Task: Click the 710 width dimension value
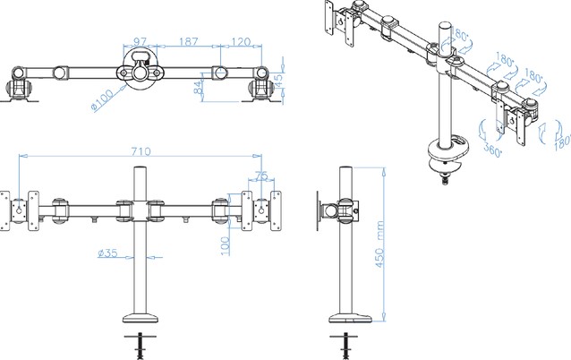point(141,151)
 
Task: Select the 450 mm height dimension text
point(379,244)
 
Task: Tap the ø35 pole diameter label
point(107,253)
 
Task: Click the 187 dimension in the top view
point(188,41)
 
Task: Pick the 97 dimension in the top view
point(140,41)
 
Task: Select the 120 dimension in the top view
point(241,41)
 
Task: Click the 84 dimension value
point(198,88)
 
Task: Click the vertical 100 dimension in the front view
point(226,246)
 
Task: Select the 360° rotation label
point(493,150)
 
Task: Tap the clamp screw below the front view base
point(141,346)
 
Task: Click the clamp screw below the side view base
point(345,346)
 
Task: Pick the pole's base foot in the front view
point(141,318)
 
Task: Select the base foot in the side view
point(350,318)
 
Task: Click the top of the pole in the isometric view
point(445,26)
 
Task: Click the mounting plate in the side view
point(319,211)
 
